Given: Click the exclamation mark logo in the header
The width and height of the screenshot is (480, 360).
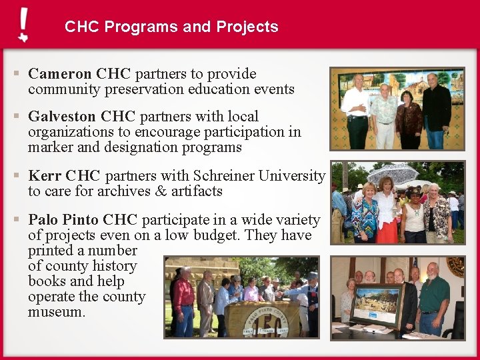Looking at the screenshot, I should [23, 25].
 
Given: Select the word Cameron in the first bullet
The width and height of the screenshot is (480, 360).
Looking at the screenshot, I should [60, 74].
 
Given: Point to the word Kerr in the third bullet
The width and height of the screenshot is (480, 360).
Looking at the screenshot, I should [44, 176].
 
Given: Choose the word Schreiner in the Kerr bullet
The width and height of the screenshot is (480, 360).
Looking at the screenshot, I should [224, 176].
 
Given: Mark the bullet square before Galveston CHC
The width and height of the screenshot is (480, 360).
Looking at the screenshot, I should [16, 116].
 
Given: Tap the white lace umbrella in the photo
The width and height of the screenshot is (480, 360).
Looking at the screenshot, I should [392, 173].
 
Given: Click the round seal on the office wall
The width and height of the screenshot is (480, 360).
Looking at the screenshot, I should [456, 267].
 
